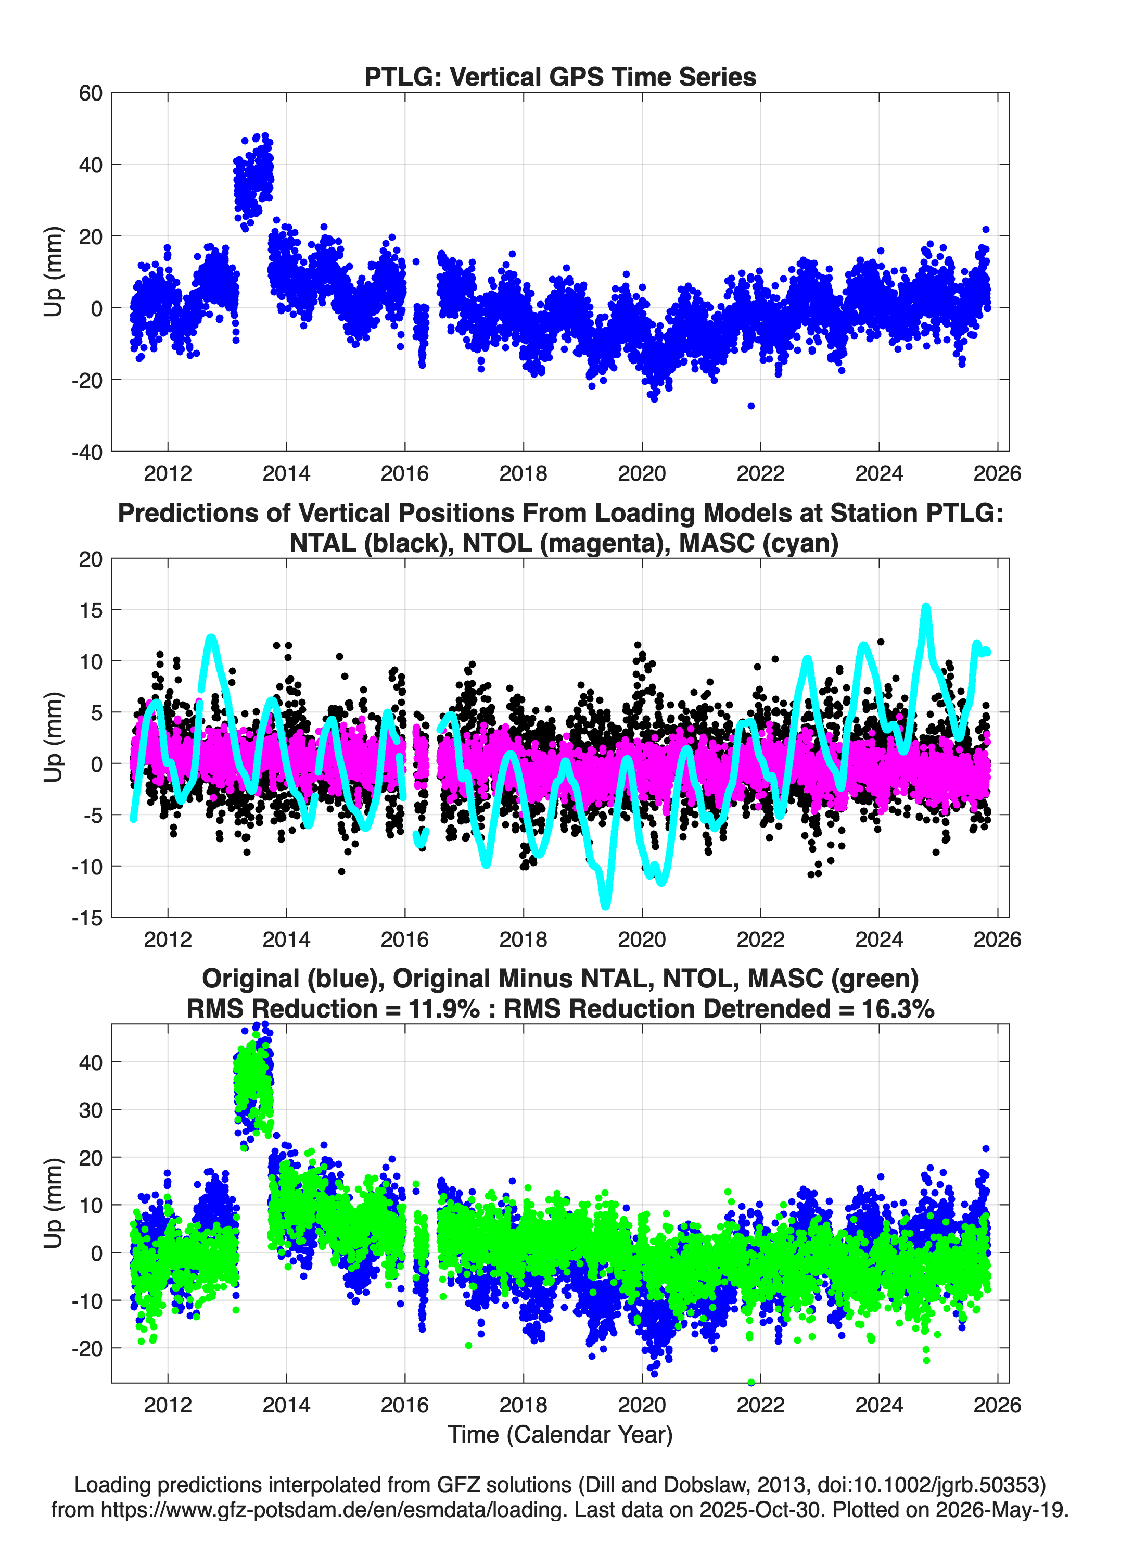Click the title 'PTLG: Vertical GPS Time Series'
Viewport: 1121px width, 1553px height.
[x=560, y=77]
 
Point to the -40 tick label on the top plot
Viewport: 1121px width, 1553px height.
[x=86, y=452]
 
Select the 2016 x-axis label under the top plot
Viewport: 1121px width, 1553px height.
[x=404, y=473]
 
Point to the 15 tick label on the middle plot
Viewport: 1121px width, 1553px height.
[x=91, y=610]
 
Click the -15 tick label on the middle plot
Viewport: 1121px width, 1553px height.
[x=86, y=918]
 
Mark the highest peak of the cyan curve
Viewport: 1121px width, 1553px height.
[x=926, y=607]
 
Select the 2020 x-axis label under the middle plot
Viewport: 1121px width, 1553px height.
[x=642, y=939]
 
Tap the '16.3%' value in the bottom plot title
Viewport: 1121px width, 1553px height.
[x=898, y=1009]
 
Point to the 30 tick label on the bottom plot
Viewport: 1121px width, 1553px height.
[x=91, y=1110]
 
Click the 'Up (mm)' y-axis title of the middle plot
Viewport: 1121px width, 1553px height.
[x=54, y=737]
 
